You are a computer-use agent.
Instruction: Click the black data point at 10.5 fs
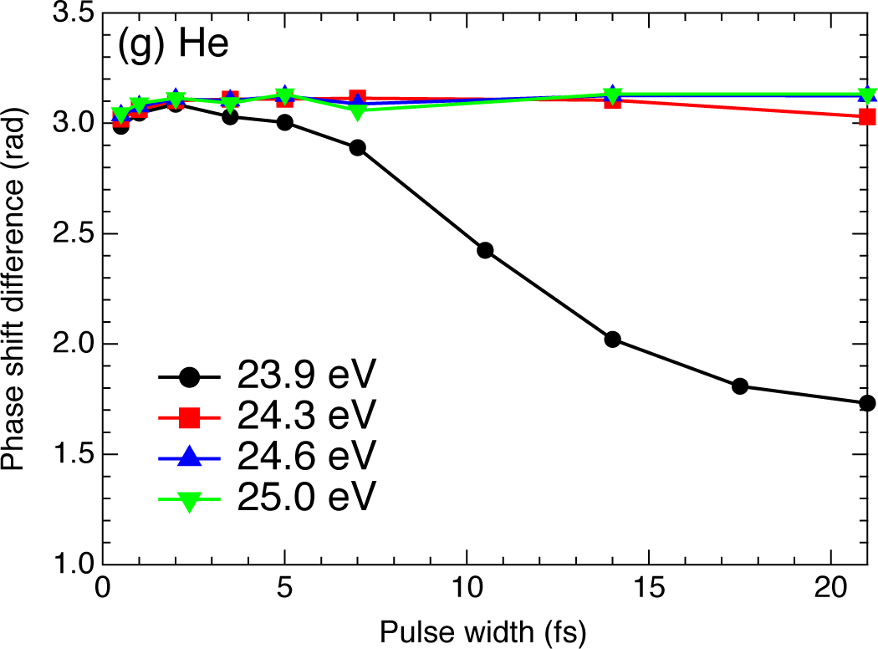(485, 250)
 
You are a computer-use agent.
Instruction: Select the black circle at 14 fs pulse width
(612, 339)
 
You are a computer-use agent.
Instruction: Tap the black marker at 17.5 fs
(739, 386)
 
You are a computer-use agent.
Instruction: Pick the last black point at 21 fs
(867, 403)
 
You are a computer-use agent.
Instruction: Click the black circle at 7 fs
(357, 148)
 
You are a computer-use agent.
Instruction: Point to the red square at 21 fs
(867, 117)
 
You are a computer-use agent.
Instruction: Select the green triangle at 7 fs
(357, 112)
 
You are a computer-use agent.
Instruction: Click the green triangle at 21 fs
(867, 95)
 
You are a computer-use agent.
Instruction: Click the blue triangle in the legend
(190, 456)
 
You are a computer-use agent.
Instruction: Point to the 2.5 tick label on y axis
(69, 234)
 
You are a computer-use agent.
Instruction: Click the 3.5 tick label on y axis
(69, 13)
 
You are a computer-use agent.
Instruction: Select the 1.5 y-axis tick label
(69, 455)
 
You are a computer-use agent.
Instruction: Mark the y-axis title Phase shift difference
(15, 289)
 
